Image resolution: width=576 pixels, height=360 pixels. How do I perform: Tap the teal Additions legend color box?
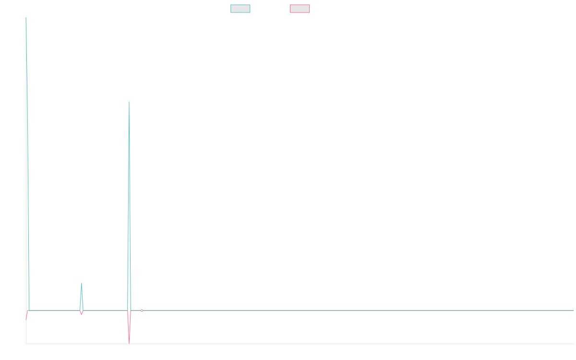[x=240, y=9]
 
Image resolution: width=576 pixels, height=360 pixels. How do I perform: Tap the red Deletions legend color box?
[x=300, y=9]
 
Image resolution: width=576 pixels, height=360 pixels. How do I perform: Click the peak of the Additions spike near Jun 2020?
[x=129, y=102]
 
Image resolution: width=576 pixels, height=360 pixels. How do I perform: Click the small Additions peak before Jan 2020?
[x=82, y=283]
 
